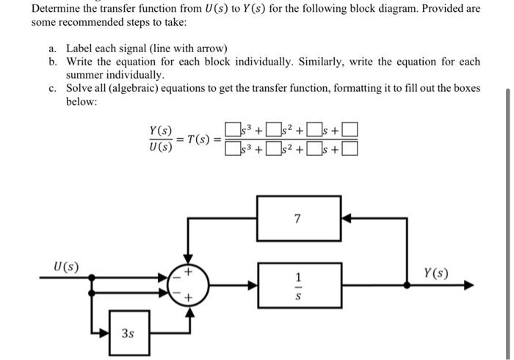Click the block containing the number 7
point(297,218)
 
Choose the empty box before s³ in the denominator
point(233,151)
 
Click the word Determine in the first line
point(57,10)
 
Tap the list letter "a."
point(54,48)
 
